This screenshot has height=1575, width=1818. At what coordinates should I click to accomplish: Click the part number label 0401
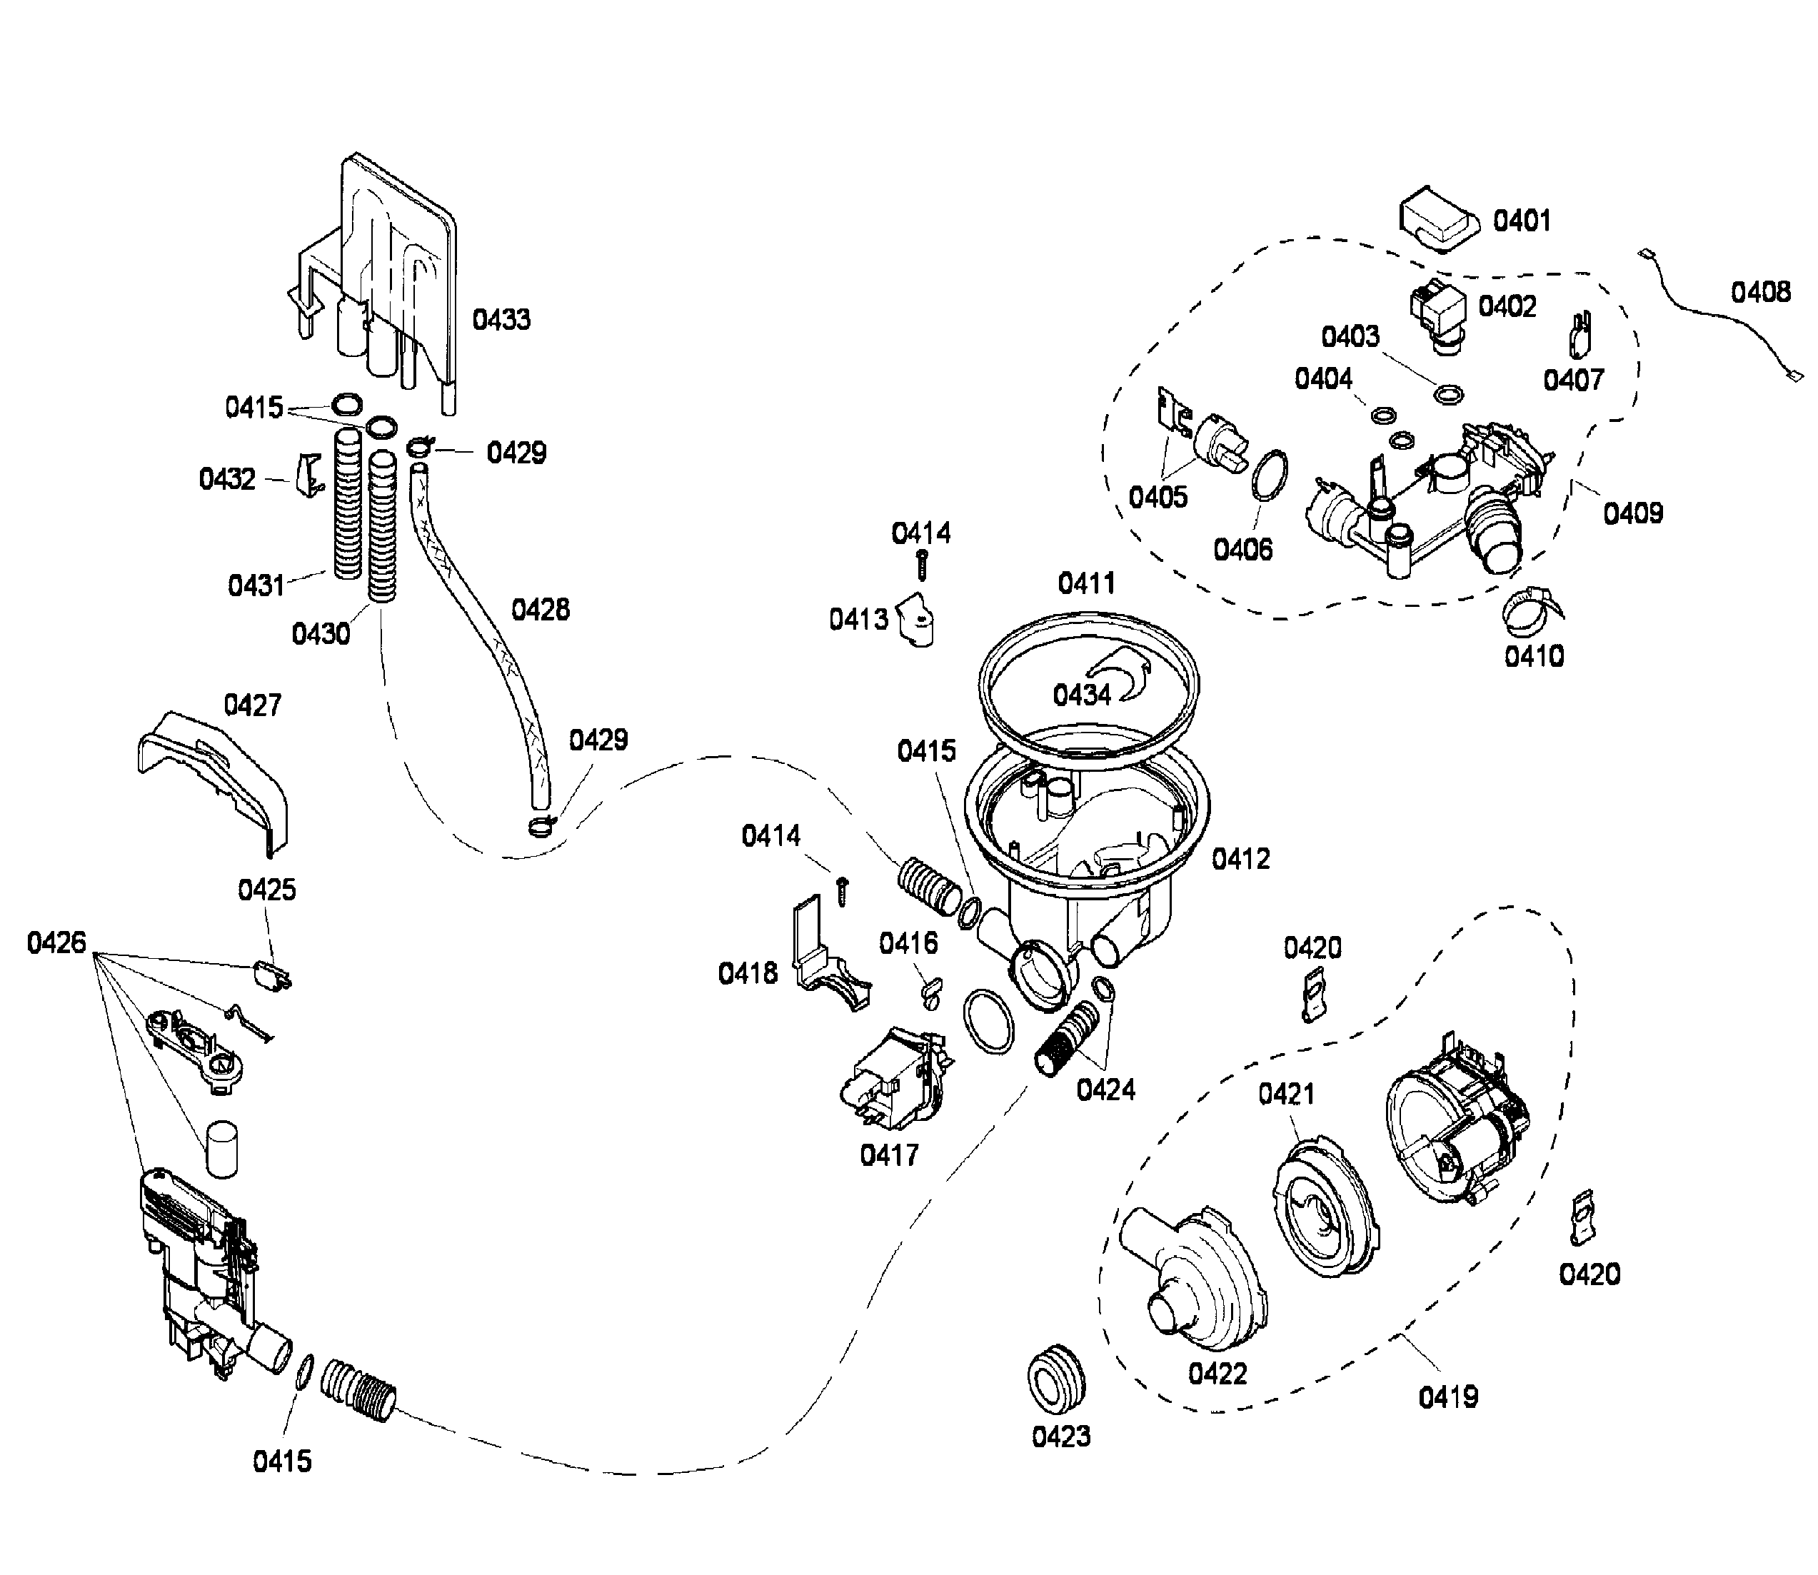point(1522,220)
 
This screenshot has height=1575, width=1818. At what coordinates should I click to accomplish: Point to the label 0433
point(501,319)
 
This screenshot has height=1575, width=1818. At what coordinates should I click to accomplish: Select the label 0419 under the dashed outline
point(1448,1397)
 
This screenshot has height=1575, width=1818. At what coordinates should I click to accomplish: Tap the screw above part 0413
point(922,563)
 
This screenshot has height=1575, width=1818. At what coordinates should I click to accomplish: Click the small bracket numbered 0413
point(918,620)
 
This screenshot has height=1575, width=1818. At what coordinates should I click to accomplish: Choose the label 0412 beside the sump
point(1240,859)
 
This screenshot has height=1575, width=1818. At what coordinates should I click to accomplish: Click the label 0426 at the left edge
point(56,943)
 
